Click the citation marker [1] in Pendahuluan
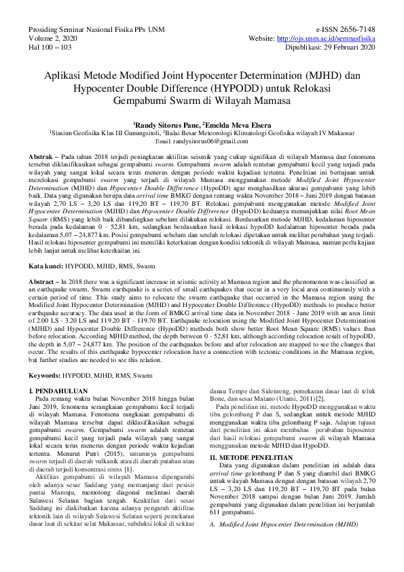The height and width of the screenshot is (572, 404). pyautogui.click(x=128, y=488)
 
